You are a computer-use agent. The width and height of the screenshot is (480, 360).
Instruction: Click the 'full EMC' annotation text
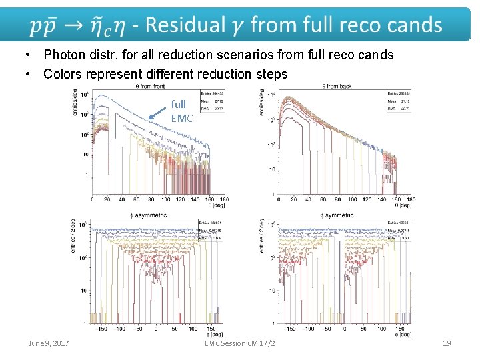pos(181,111)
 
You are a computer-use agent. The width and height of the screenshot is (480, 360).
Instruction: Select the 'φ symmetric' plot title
pos(337,215)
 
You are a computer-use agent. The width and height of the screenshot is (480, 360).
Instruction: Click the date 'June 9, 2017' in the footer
pos(49,343)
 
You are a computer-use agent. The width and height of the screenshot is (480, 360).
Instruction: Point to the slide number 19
pos(447,343)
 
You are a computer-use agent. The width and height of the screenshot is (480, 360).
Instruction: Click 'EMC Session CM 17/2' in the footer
pos(241,343)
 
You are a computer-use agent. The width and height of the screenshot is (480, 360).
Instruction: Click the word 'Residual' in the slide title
pos(186,26)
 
